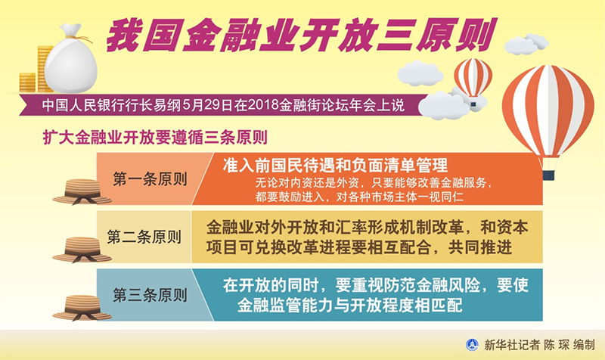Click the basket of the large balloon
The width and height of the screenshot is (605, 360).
548,175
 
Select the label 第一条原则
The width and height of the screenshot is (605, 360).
150,179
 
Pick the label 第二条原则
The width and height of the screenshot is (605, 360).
144,237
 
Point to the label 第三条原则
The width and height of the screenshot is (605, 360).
150,295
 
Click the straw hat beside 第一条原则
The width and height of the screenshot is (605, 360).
82,191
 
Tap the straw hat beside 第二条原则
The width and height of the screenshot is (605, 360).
82,250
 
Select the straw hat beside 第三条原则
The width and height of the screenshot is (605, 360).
82,308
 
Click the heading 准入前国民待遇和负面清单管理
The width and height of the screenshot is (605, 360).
335,165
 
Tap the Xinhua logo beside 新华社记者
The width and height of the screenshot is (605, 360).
472,345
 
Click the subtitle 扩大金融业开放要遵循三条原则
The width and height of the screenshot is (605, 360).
155,138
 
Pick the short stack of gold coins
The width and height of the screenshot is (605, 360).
28,82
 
